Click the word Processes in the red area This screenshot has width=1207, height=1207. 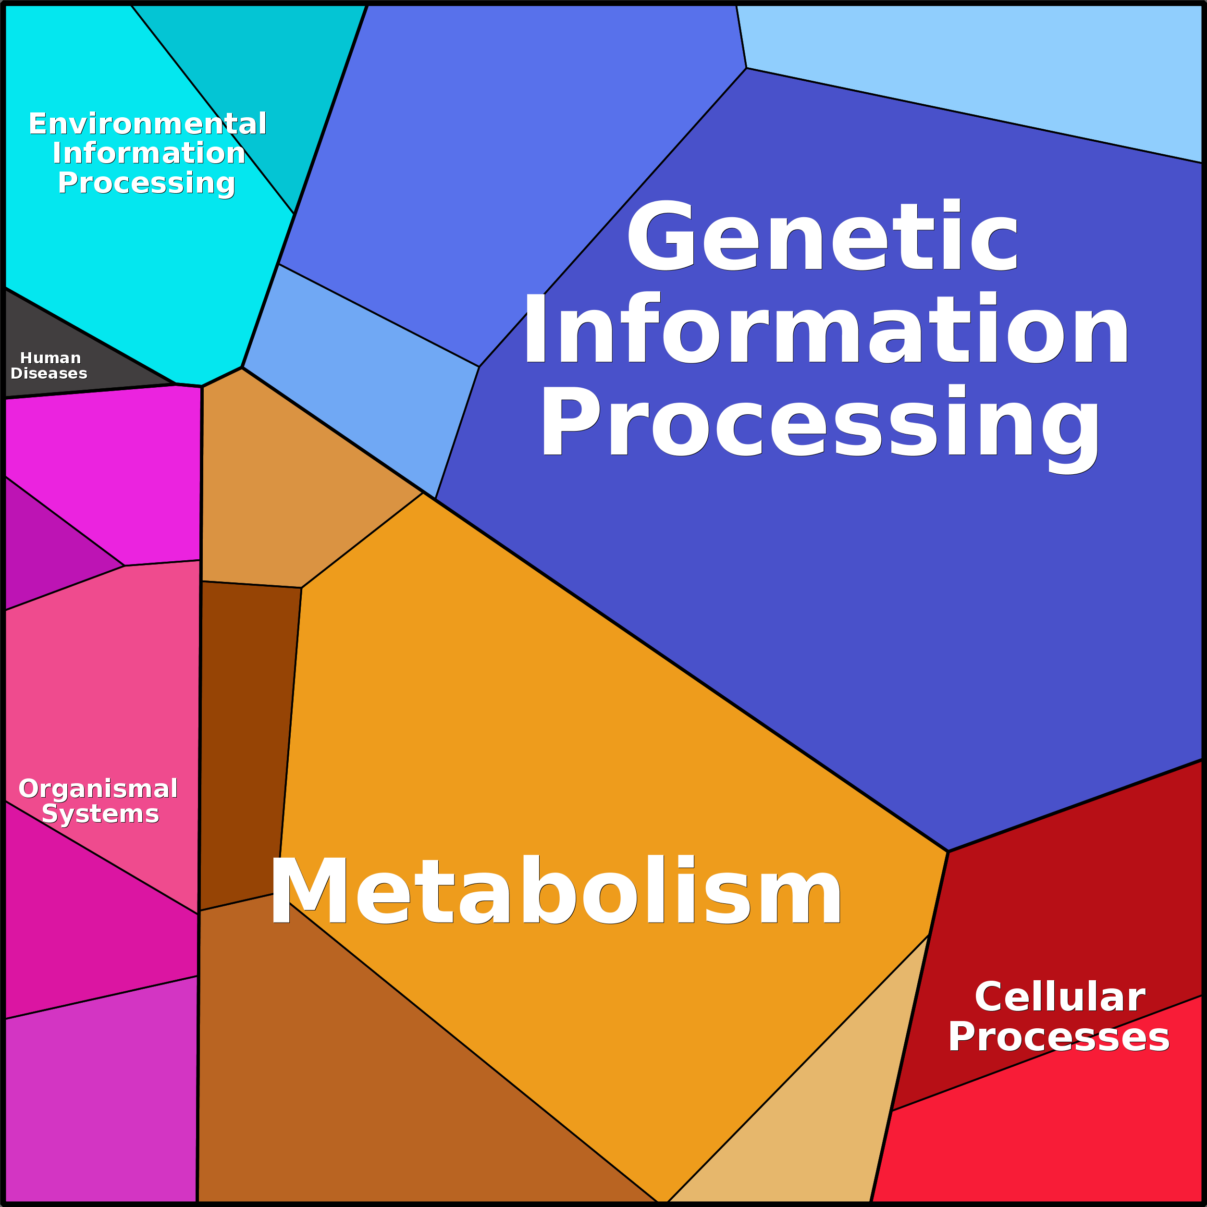coord(1059,1038)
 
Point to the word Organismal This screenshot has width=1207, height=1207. coord(98,789)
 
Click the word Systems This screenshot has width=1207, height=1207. coord(100,814)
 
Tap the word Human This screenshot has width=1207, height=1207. coord(50,358)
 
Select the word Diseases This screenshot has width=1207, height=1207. coord(49,374)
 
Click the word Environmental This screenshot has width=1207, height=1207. coord(148,123)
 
